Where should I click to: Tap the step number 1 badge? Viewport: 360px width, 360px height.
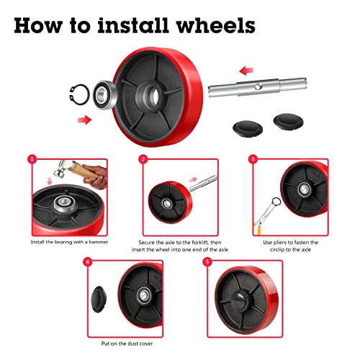click(x=32, y=159)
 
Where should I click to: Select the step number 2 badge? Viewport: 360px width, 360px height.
click(x=143, y=159)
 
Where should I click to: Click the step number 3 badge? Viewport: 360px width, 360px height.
click(x=253, y=159)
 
